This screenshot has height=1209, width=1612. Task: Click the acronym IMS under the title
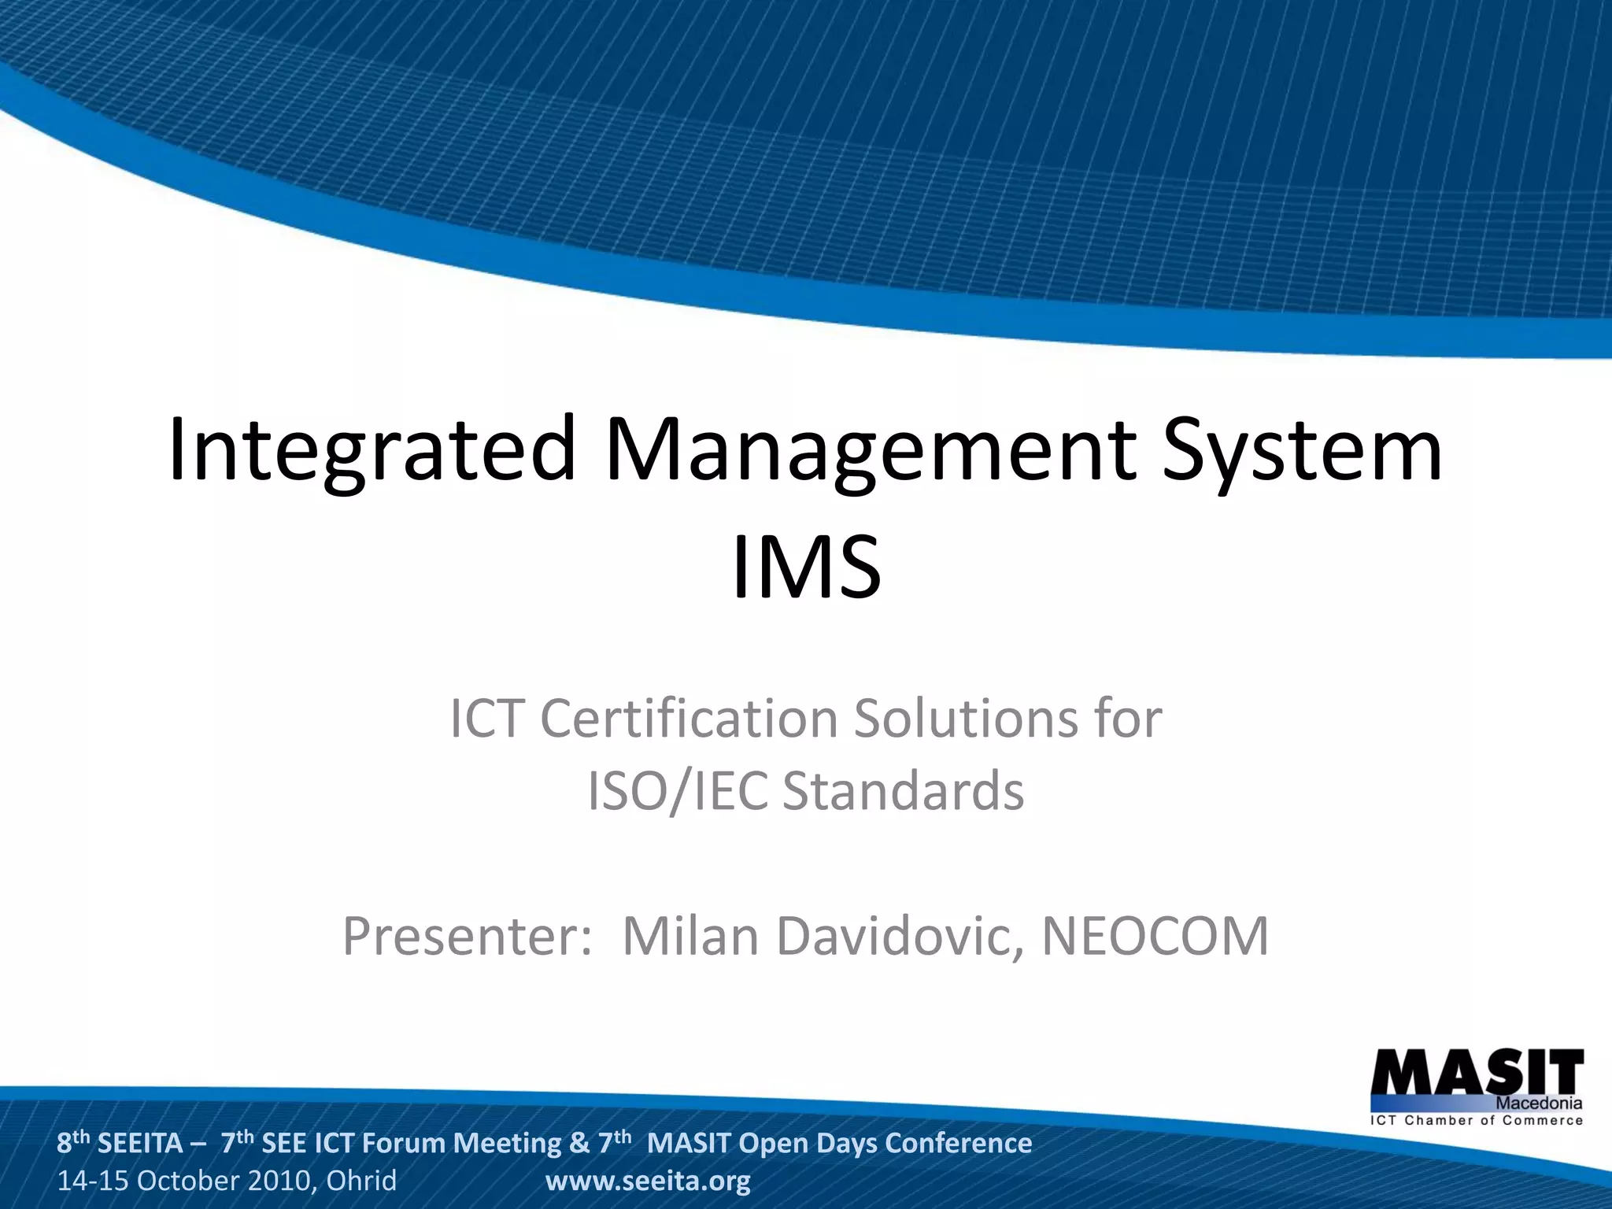click(x=806, y=567)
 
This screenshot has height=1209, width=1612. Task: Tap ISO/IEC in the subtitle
click(x=677, y=791)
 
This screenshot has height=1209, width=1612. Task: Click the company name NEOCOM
click(x=1155, y=936)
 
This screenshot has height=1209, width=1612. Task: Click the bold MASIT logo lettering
click(x=1477, y=1072)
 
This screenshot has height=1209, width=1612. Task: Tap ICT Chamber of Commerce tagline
click(x=1477, y=1121)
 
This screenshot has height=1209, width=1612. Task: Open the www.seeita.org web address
click(x=648, y=1181)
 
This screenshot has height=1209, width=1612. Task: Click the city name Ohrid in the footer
click(x=361, y=1181)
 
